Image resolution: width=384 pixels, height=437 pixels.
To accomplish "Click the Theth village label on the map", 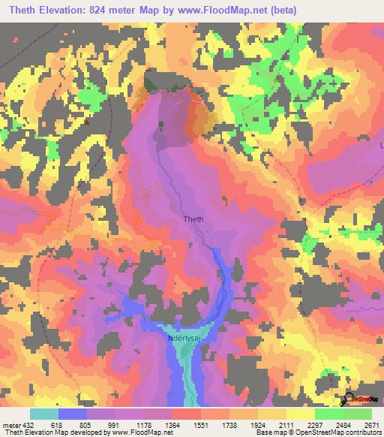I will (x=193, y=219).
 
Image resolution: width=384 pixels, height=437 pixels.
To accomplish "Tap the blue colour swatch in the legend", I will (x=73, y=414).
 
